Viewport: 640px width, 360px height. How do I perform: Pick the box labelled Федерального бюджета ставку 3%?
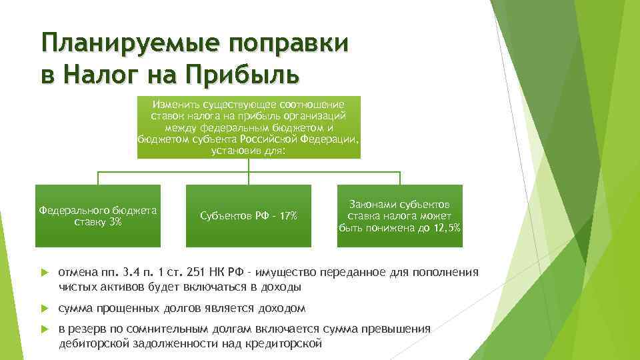98,215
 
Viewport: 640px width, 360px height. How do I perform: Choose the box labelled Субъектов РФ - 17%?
249,215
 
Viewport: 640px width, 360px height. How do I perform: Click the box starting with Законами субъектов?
399,215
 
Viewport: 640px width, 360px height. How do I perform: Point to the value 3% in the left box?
113,221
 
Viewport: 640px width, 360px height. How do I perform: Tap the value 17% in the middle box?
288,216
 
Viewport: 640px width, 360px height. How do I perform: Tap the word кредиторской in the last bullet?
289,344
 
